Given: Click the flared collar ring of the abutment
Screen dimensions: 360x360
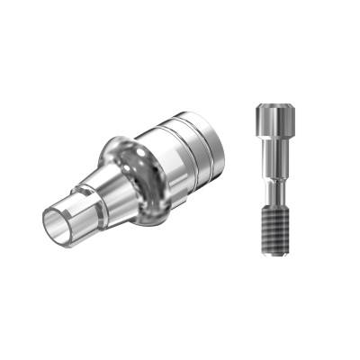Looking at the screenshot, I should point(135,180).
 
